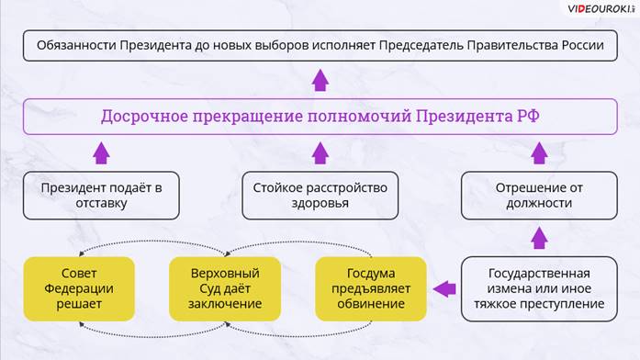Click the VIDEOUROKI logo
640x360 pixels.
[x=601, y=9]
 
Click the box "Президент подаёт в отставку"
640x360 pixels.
[x=101, y=196]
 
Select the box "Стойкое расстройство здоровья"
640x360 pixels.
[x=320, y=196]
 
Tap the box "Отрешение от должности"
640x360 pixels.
[x=539, y=196]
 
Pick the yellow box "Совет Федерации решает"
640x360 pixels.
[x=79, y=288]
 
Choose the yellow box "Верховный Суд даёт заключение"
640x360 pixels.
[x=225, y=288]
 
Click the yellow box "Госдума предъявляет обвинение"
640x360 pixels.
[x=371, y=288]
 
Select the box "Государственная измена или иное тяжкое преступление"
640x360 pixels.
[x=539, y=288]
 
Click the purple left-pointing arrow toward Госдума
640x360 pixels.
[x=444, y=289]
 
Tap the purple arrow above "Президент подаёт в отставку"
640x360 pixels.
[x=101, y=153]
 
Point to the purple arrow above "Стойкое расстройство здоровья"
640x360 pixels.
[x=320, y=153]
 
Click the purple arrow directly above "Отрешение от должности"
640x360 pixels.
[x=539, y=153]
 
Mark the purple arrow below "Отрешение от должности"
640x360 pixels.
[x=539, y=238]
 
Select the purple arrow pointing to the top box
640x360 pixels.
[x=320, y=80]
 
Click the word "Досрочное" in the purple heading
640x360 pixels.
[x=145, y=117]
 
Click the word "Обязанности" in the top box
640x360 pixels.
[x=77, y=45]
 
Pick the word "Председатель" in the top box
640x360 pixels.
[x=421, y=45]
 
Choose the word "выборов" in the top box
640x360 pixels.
[x=282, y=45]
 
